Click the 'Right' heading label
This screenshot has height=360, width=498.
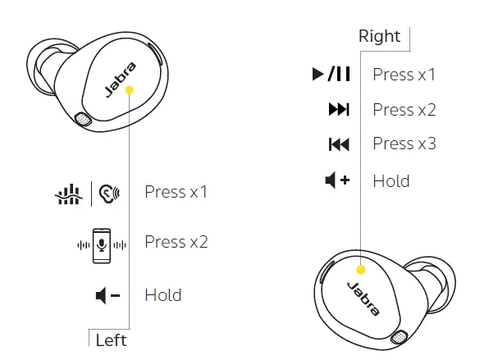pos(380,36)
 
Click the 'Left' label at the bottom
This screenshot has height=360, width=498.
pos(112,339)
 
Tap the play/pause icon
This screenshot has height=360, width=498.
pos(331,75)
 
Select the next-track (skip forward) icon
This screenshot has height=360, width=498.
pos(338,110)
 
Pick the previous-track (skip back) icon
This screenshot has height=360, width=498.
pos(338,144)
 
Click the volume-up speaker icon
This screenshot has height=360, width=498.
pos(337,180)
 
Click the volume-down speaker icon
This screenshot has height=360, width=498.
pos(107,295)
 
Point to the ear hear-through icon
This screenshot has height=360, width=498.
pos(108,194)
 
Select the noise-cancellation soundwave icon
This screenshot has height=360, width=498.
pos(68,194)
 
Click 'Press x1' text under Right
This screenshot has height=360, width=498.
pos(404,75)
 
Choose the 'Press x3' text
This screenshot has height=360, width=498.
pos(404,144)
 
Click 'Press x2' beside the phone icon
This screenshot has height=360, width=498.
pos(176,242)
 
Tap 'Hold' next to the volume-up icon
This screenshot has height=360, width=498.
pos(391,180)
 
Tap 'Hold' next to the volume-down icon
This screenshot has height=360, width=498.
pos(162,295)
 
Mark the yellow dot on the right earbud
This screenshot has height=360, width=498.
pos(360,268)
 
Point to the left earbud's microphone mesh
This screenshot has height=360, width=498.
pos(82,120)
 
